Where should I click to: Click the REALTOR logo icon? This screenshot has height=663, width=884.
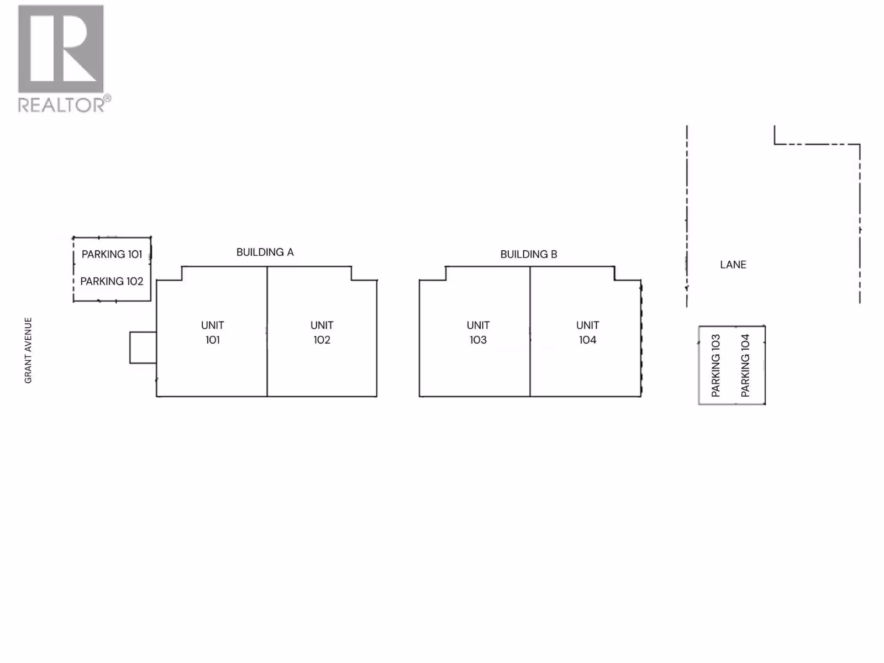pos(61,49)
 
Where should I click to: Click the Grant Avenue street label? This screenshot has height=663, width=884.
pos(28,350)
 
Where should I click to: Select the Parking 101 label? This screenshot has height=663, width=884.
pos(112,254)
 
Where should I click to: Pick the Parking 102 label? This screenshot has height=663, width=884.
pos(112,281)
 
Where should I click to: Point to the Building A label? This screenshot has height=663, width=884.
pos(265,252)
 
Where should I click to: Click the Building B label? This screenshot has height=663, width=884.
pos(529,255)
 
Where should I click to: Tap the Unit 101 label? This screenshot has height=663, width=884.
pos(213,333)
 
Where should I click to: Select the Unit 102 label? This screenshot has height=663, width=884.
pos(322,333)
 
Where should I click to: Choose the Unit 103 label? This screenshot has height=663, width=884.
pos(478,333)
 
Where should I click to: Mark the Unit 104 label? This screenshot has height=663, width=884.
pos(587,333)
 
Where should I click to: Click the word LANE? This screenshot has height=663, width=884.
pos(733,265)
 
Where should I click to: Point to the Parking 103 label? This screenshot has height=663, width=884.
pos(716,366)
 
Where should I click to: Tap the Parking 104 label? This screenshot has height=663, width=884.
pos(745,366)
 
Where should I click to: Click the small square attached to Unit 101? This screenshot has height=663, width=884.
pos(143,348)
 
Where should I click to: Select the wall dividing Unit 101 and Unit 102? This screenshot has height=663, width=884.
pos(267,359)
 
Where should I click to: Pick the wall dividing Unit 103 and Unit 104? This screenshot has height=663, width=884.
pos(530,359)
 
